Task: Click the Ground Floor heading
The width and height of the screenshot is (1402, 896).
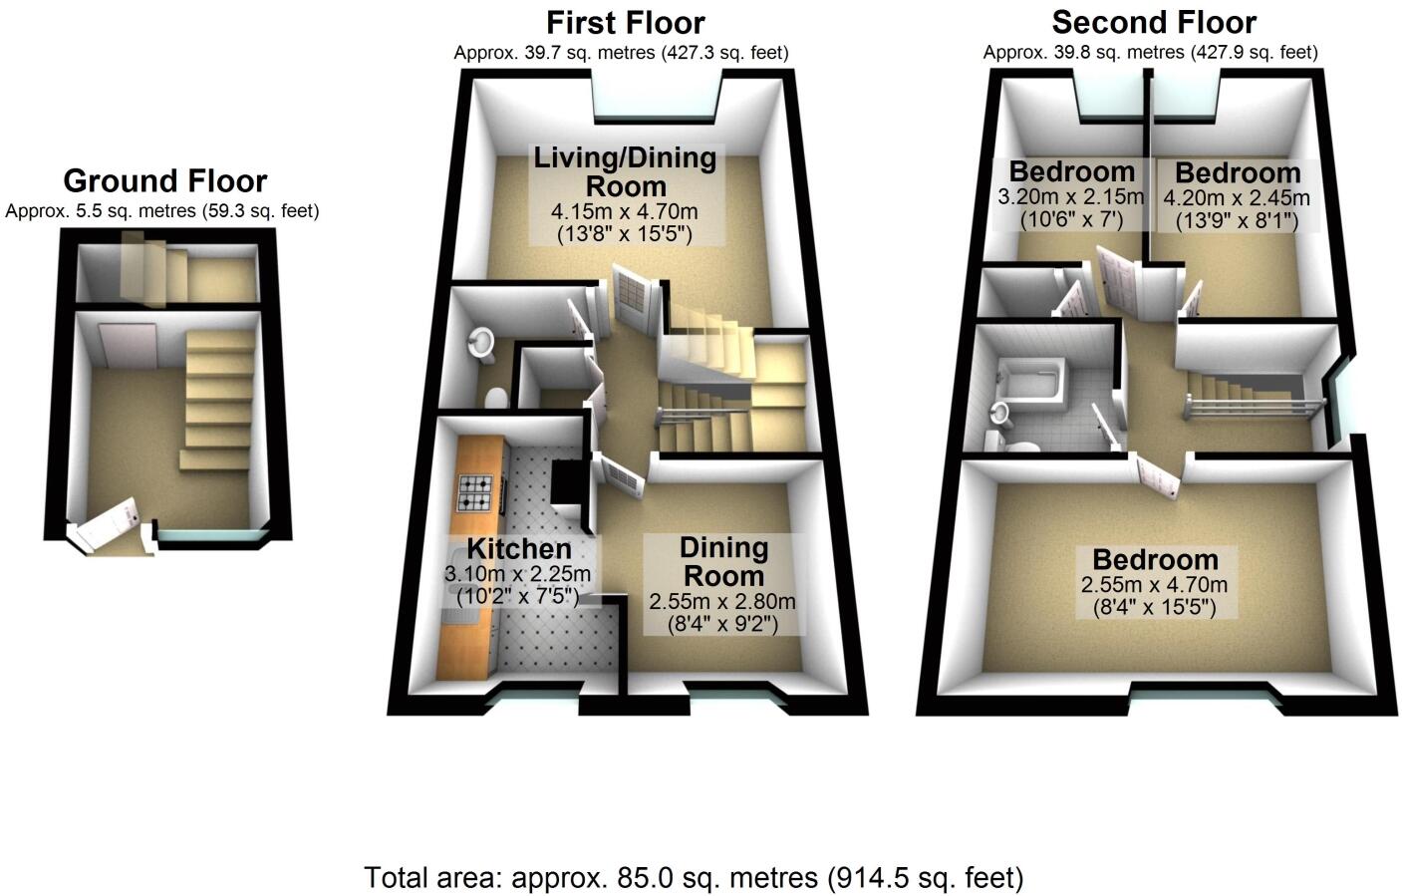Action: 164,181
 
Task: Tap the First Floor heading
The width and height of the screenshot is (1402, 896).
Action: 625,22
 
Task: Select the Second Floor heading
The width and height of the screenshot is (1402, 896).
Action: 1154,22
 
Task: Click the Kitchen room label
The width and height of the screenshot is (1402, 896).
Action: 519,548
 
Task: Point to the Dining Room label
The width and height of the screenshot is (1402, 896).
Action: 723,561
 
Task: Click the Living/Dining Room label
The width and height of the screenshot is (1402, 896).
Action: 625,171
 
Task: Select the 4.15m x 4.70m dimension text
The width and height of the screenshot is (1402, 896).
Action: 625,211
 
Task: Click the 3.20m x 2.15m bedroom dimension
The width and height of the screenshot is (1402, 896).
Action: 1070,197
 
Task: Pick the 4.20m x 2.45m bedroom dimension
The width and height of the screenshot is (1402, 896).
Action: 1237,197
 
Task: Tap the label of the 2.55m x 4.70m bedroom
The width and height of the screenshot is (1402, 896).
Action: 1155,559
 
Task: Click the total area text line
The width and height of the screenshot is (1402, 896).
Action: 694,878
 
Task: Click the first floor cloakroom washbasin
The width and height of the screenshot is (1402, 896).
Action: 481,342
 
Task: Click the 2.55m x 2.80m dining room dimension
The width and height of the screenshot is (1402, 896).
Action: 722,602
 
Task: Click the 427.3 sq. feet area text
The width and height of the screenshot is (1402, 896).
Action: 724,53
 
